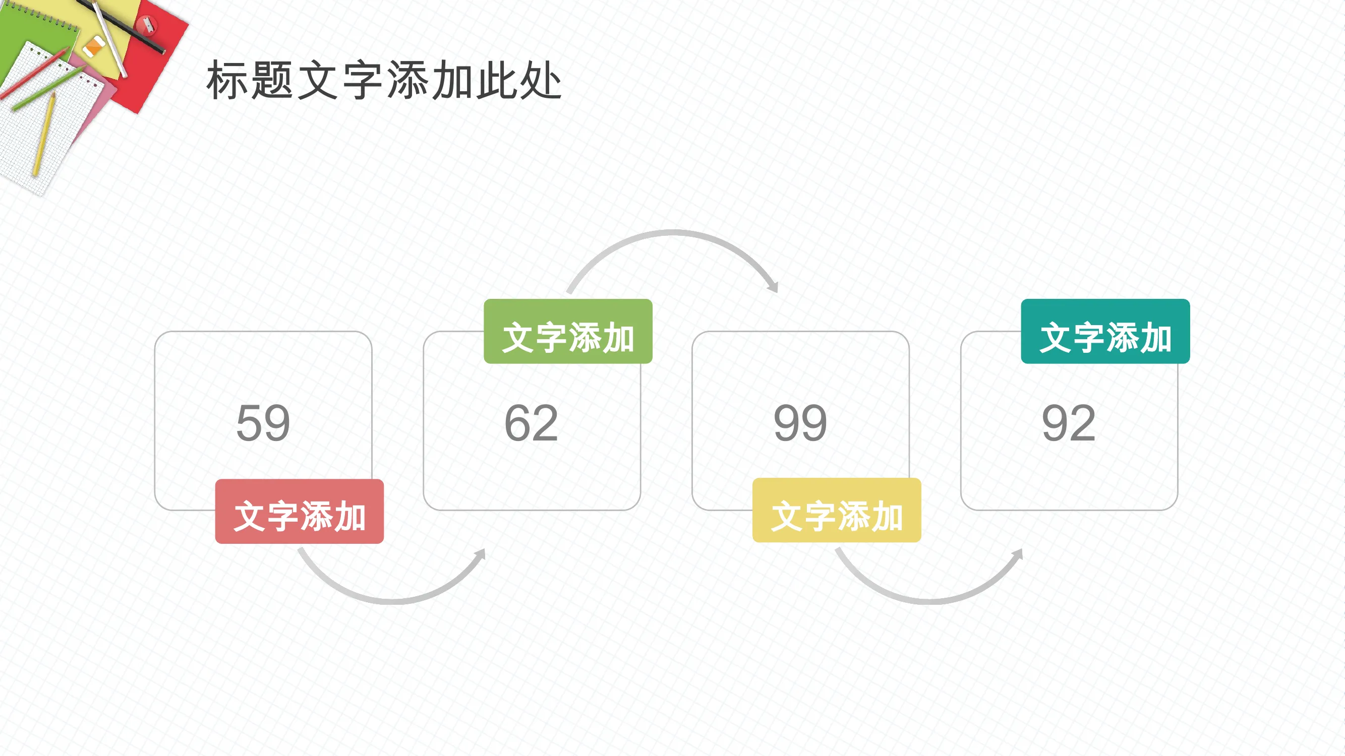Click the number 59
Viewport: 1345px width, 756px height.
point(263,423)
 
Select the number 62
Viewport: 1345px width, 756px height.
point(532,423)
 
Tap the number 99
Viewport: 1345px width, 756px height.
point(800,423)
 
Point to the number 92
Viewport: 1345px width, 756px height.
point(1069,423)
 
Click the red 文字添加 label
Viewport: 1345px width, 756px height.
point(299,511)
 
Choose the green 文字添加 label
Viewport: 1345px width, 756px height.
point(568,331)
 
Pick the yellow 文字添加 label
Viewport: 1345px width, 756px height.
point(837,510)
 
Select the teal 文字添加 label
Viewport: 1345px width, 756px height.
point(1105,331)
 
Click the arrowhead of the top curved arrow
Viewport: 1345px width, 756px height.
point(773,286)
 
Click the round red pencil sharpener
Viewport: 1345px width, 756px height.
point(147,24)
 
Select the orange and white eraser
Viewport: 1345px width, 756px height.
point(94,46)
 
